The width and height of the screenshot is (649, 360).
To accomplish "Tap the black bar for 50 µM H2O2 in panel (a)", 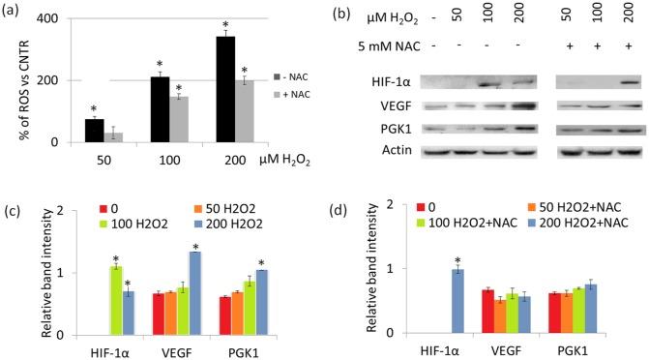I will tap(94, 131).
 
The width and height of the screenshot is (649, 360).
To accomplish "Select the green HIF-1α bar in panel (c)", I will tap(116, 300).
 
